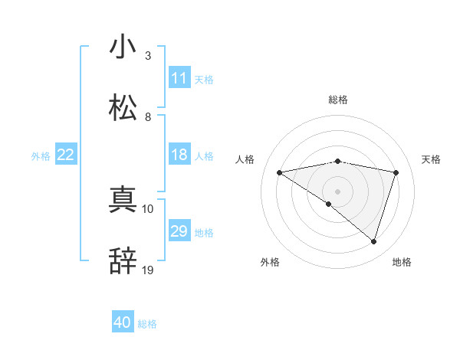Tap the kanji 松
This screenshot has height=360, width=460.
pyautogui.click(x=123, y=107)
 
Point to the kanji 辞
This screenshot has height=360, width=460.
pyautogui.click(x=123, y=260)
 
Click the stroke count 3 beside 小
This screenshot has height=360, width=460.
pyautogui.click(x=148, y=56)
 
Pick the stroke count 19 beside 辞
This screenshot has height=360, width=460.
pyautogui.click(x=148, y=270)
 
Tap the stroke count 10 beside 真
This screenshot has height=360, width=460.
pyautogui.click(x=148, y=208)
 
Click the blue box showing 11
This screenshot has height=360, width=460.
pyautogui.click(x=179, y=78)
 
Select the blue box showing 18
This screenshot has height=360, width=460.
pyautogui.click(x=179, y=155)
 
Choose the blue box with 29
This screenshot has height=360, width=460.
pyautogui.click(x=179, y=231)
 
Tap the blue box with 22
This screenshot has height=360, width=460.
pyautogui.click(x=66, y=155)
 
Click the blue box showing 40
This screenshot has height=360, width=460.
pyautogui.click(x=123, y=322)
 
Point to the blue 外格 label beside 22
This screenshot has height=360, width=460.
pyautogui.click(x=41, y=155)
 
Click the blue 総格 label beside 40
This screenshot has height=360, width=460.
pyautogui.click(x=147, y=324)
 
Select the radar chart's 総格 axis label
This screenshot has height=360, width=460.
pyautogui.click(x=338, y=100)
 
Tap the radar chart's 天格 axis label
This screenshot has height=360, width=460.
pyautogui.click(x=432, y=159)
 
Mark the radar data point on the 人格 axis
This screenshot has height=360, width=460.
pyautogui.click(x=280, y=172)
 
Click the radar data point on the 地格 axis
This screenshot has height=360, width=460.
pyautogui.click(x=373, y=241)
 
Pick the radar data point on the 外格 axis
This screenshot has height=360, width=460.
pyautogui.click(x=329, y=204)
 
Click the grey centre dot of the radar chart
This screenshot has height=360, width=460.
pyautogui.click(x=338, y=191)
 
